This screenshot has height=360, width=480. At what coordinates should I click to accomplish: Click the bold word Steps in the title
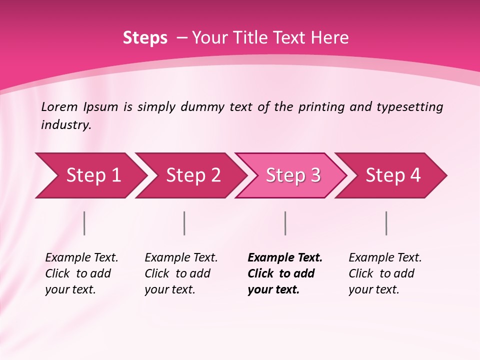[145, 38]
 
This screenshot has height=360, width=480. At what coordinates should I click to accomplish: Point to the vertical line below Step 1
[84, 223]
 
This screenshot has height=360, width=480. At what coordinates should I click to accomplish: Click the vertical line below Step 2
[184, 223]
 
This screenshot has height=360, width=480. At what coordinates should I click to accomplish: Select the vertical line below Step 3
[285, 223]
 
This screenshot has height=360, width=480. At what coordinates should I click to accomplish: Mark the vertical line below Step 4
[386, 223]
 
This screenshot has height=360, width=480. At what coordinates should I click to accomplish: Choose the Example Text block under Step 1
[81, 273]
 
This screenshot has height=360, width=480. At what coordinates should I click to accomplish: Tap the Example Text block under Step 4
[385, 273]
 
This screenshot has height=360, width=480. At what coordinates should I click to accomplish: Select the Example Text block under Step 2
[181, 273]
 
